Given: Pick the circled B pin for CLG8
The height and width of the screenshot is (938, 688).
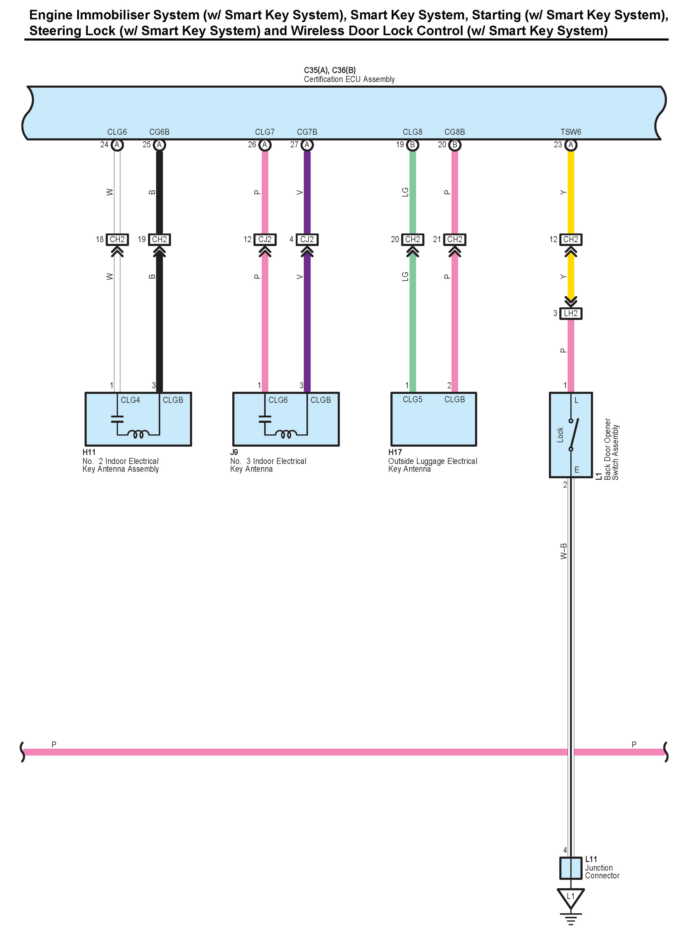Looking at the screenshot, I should point(412,145).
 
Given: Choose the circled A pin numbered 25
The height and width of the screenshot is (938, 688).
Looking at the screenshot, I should point(159,145).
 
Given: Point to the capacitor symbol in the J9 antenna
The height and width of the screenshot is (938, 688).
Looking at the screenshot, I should point(265,419).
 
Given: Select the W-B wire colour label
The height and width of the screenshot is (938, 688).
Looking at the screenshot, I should point(563,551).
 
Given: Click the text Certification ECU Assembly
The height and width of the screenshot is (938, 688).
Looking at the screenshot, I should point(349,79).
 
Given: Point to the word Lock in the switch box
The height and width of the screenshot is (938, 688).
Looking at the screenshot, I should point(560,435).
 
